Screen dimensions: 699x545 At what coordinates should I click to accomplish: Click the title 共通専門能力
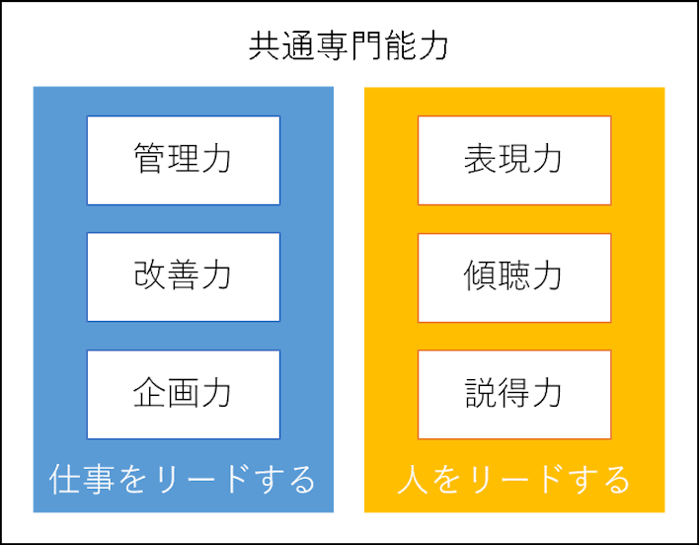(x=349, y=45)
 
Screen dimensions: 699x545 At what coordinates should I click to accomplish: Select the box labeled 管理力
(x=184, y=160)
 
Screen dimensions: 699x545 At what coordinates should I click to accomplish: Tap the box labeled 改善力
(x=184, y=276)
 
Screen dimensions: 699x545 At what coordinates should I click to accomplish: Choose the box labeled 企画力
(x=184, y=394)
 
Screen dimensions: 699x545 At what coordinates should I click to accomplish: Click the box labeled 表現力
(x=514, y=160)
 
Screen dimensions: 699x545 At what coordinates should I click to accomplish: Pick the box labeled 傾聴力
(x=514, y=277)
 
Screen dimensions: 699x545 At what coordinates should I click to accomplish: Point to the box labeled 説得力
(x=514, y=394)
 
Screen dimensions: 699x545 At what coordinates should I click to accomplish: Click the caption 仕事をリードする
(x=183, y=480)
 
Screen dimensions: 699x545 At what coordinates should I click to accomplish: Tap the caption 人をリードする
(x=513, y=480)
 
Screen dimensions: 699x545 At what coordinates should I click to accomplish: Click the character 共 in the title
(x=265, y=45)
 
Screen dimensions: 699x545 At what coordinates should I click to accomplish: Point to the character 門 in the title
(x=365, y=45)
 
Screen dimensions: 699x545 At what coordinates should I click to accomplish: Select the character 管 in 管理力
(x=149, y=158)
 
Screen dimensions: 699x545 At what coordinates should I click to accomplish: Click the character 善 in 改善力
(x=183, y=274)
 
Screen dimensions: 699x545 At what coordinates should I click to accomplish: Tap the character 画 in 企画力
(x=183, y=392)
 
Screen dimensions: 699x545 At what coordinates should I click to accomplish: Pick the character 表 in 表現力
(x=481, y=158)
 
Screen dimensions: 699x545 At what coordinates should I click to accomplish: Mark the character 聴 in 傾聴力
(x=514, y=274)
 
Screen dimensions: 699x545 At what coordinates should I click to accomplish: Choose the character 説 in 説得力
(x=481, y=392)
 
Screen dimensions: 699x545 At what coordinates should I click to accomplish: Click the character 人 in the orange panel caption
(x=413, y=480)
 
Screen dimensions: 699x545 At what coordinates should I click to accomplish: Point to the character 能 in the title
(x=400, y=45)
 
